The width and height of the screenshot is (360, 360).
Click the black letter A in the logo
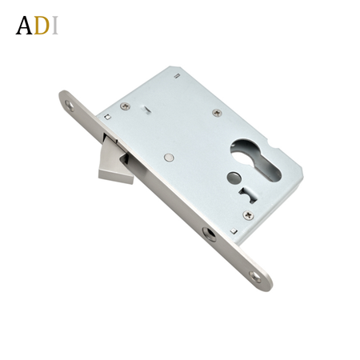coord(24,26)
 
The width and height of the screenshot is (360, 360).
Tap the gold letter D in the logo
coord(42,26)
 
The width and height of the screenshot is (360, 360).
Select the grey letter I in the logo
coord(54,26)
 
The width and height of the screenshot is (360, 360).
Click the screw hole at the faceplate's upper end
coord(70,106)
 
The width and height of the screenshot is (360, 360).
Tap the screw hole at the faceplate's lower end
coord(255,277)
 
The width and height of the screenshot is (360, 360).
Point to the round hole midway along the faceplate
coord(209,234)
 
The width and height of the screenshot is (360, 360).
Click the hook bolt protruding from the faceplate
coord(115,163)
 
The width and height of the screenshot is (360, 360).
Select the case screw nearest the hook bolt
coord(125,106)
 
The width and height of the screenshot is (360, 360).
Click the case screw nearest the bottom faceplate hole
coord(248,214)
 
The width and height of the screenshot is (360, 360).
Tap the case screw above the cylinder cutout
coord(218,113)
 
